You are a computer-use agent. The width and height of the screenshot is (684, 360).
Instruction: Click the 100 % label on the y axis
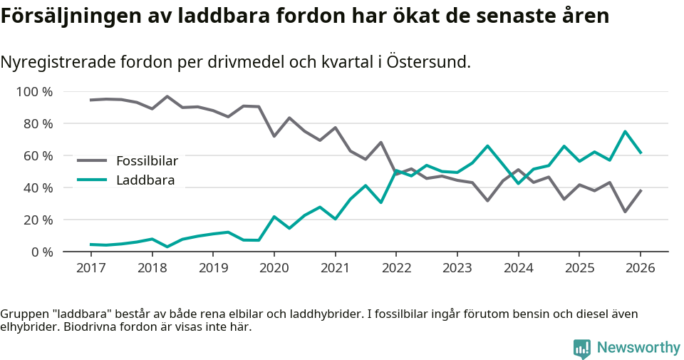[35, 92]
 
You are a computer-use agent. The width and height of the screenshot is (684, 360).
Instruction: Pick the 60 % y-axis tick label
[38, 156]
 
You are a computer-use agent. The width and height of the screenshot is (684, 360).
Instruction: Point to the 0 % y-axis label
[41, 252]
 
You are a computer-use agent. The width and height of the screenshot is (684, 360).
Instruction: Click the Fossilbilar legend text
[147, 161]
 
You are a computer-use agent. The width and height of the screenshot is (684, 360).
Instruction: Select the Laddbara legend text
[145, 180]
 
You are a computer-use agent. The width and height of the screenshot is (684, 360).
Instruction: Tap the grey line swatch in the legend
[92, 161]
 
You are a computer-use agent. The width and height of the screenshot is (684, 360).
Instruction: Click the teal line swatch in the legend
[92, 180]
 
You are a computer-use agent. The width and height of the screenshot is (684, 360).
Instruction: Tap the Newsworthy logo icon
[581, 349]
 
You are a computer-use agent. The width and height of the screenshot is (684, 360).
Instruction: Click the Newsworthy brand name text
[638, 348]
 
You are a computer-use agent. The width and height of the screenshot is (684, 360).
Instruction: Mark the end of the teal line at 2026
[641, 153]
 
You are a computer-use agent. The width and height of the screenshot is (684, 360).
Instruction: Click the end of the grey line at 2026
[641, 190]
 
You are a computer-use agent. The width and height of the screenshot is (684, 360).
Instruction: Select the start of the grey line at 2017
[90, 100]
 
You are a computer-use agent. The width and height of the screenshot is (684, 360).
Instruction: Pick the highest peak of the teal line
[625, 132]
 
